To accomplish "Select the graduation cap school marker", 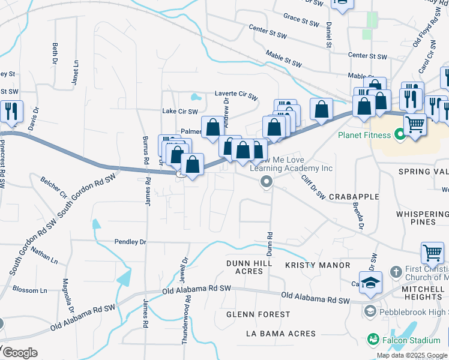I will point(370,282).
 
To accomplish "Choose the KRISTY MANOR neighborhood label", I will point(317,265).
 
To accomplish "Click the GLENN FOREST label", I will point(258,314).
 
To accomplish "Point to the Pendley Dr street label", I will point(130,241).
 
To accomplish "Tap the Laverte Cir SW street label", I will point(236,95).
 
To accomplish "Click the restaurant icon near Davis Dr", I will point(11,112).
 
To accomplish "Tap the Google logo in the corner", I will point(19,353).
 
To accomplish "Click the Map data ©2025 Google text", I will point(412,355).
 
